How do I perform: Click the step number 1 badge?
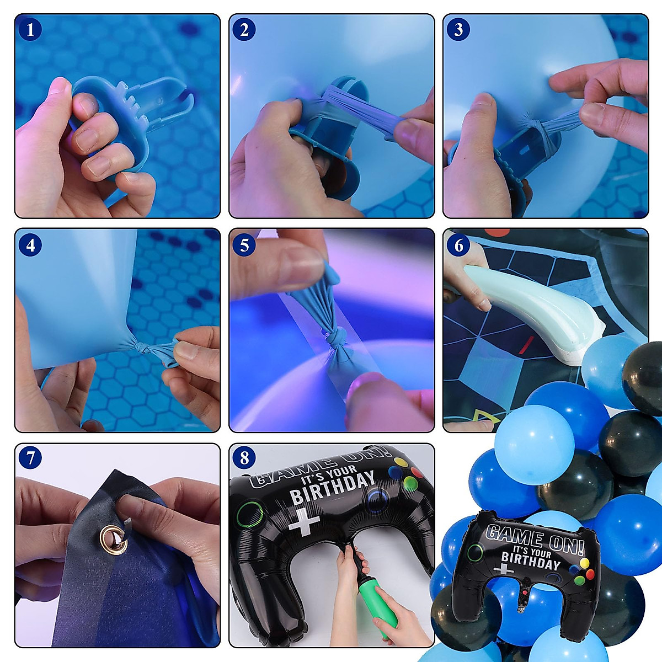(x=30, y=30)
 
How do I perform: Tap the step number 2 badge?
(x=244, y=30)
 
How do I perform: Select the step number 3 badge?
(x=458, y=30)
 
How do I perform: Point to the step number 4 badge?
(x=30, y=245)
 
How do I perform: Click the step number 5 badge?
(x=244, y=245)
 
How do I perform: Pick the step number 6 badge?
(x=458, y=245)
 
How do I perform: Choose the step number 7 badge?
(x=30, y=457)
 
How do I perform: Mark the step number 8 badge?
(x=244, y=457)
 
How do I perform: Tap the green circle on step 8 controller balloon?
(x=250, y=514)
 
